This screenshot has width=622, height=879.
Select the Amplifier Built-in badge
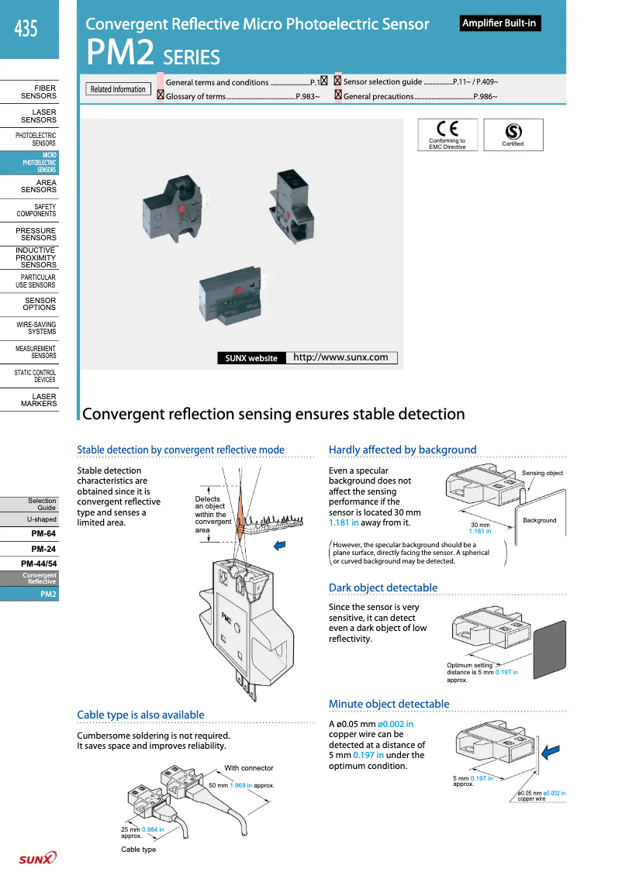499,23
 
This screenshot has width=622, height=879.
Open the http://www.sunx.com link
340,357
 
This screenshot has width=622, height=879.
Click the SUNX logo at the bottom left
37,858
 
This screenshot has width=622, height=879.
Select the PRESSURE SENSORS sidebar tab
36,234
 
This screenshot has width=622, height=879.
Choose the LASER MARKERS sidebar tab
38,400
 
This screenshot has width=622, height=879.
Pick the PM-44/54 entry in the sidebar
39,564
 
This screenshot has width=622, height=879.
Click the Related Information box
118,89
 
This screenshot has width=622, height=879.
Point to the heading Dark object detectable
382,588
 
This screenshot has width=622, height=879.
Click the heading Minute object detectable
389,704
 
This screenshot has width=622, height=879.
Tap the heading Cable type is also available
140,715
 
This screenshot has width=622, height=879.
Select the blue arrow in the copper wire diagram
551,750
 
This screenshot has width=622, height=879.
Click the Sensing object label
542,473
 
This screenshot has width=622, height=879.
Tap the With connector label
248,768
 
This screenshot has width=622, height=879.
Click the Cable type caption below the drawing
138,850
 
